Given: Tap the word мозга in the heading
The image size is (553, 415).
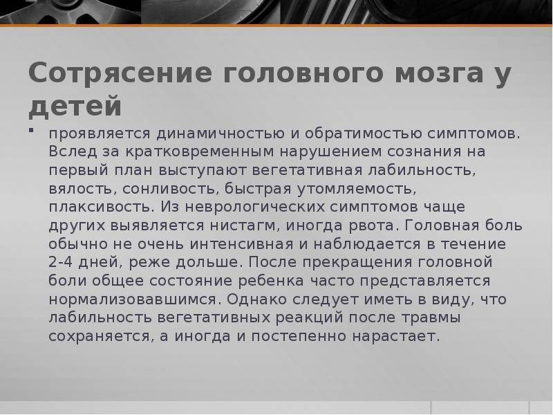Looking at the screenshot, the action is [x=439, y=73].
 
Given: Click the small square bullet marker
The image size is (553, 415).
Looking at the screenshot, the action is [x=31, y=130].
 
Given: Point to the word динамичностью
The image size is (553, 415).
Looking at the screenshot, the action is [x=221, y=134].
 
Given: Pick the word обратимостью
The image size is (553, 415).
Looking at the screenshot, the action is [x=364, y=133].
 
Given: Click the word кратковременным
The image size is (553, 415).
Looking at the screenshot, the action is [x=200, y=151].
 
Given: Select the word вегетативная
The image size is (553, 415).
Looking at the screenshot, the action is [x=307, y=170].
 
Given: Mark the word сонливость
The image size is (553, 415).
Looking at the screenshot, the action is [x=169, y=189].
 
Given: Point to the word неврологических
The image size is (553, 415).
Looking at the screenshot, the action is [x=254, y=207].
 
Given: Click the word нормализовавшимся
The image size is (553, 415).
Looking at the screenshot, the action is [x=134, y=299].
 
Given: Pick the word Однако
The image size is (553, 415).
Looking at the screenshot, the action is [x=256, y=299].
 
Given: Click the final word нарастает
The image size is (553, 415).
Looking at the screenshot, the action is [x=396, y=336].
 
